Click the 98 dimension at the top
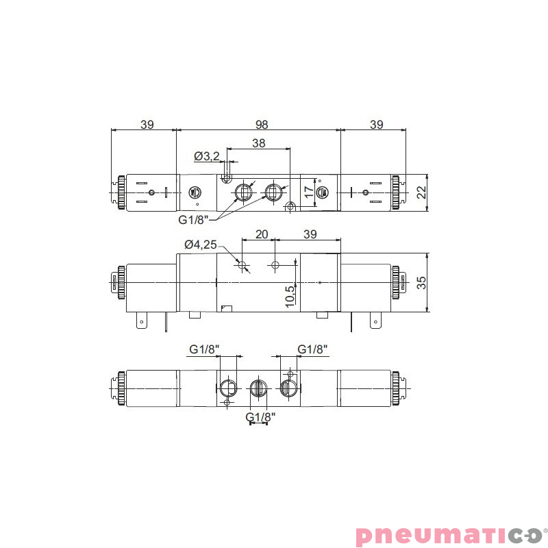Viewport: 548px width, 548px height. [x=262, y=124]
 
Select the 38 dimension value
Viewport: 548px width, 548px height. [x=259, y=143]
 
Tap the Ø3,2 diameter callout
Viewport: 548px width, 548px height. [x=206, y=156]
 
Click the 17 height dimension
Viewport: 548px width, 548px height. [x=309, y=192]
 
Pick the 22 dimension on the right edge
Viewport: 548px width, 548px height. [x=421, y=192]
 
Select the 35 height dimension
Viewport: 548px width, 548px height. [x=421, y=282]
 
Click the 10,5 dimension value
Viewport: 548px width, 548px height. [x=290, y=297]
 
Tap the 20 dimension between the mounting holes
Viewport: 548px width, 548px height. [x=261, y=234]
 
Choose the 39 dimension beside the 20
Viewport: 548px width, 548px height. [x=310, y=234]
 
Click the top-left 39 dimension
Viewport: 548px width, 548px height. [x=147, y=124]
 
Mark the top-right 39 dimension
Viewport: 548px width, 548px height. [x=376, y=124]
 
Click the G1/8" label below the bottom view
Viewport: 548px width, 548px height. [x=260, y=416]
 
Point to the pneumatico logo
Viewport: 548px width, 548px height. [x=449, y=534]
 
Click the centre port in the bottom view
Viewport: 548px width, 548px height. [x=258, y=388]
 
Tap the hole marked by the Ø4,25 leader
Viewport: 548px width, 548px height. [x=242, y=264]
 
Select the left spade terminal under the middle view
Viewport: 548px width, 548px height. [x=142, y=320]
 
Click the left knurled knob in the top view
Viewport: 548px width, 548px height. [x=121, y=192]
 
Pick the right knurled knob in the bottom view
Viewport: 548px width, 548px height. [x=396, y=388]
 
